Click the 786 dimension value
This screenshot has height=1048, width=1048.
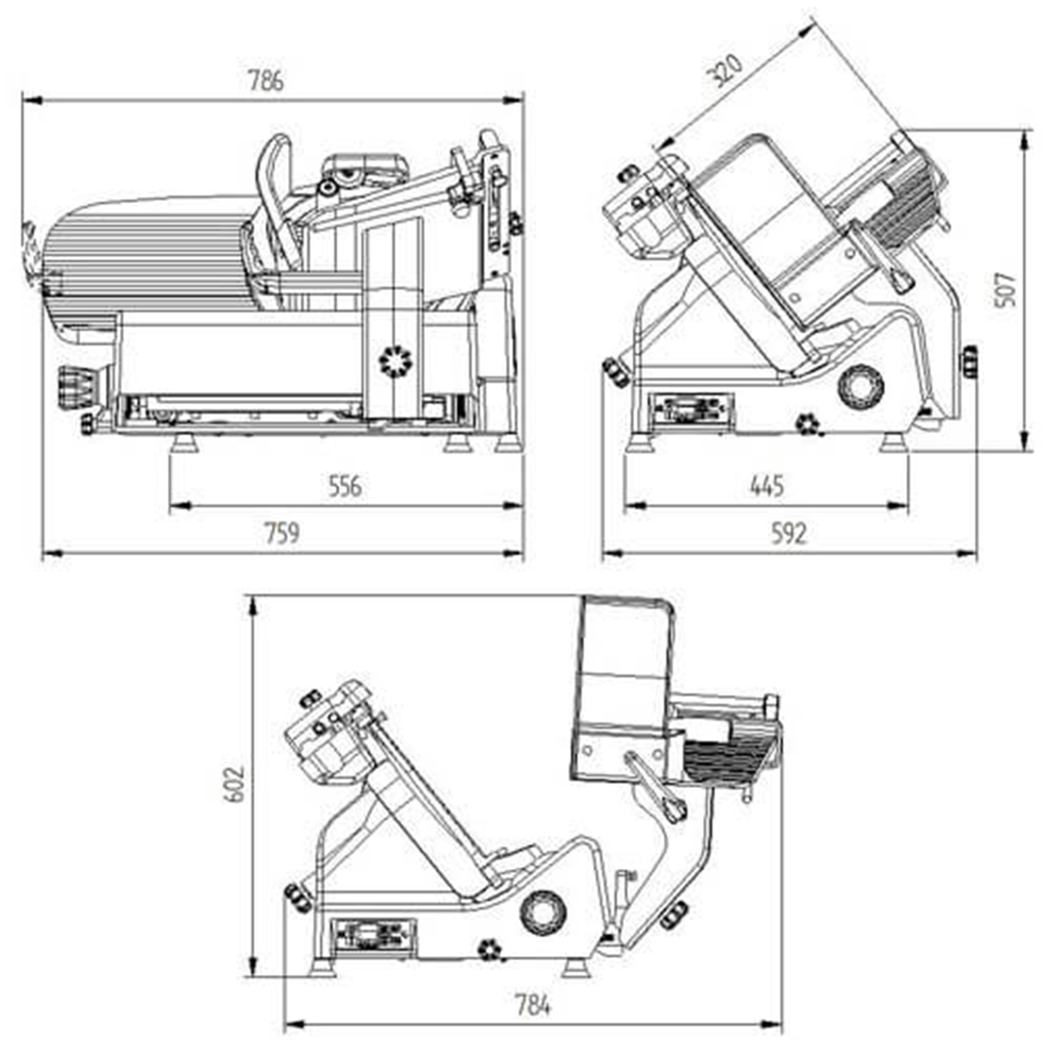[266, 81]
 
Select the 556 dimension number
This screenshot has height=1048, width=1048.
[344, 486]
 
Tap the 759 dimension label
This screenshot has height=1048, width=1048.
[282, 533]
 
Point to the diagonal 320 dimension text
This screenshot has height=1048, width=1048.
[725, 71]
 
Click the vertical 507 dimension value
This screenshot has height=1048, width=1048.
[1005, 289]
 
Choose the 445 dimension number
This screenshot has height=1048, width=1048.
[767, 486]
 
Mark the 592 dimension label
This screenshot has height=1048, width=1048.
[789, 533]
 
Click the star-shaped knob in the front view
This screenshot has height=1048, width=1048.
[394, 360]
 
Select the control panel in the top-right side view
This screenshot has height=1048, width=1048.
[693, 410]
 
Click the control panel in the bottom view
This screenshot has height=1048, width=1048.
[374, 934]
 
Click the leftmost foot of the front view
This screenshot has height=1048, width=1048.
[184, 444]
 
